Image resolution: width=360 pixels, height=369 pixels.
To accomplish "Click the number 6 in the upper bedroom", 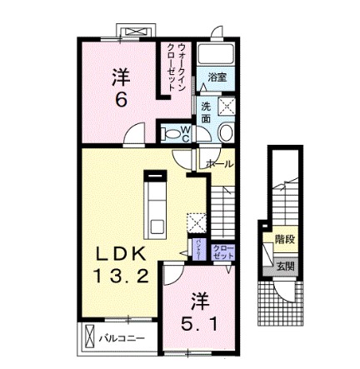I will (122, 98).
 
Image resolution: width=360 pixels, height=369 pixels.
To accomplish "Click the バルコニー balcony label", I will (123, 338).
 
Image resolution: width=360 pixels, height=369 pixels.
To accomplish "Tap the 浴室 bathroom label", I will (217, 77).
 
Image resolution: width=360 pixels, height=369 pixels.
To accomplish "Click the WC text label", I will (186, 132).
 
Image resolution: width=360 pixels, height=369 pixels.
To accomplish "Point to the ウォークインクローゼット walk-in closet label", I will (177, 59).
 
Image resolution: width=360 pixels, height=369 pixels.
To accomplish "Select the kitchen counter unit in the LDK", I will (156, 205).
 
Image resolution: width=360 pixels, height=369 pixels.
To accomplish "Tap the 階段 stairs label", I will (284, 240).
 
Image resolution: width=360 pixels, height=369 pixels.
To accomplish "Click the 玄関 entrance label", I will (284, 267).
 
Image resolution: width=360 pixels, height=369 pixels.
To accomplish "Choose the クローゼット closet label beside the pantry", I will (222, 252).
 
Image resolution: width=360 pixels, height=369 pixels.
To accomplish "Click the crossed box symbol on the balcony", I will (87, 337).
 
